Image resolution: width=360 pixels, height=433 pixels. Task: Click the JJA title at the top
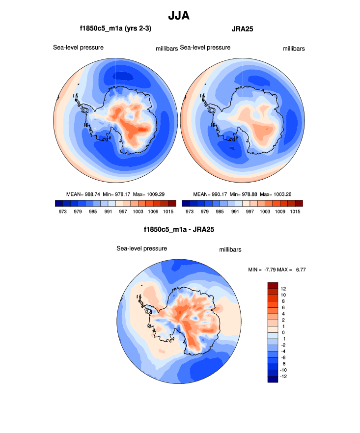179,16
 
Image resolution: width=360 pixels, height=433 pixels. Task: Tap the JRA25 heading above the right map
242,29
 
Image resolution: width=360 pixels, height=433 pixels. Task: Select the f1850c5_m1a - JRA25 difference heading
179,229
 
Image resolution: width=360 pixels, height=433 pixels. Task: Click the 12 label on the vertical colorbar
284,289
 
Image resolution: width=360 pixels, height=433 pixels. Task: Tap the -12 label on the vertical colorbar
284,377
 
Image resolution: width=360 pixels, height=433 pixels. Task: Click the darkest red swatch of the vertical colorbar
273,286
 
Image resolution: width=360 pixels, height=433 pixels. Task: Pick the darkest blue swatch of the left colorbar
59,203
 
